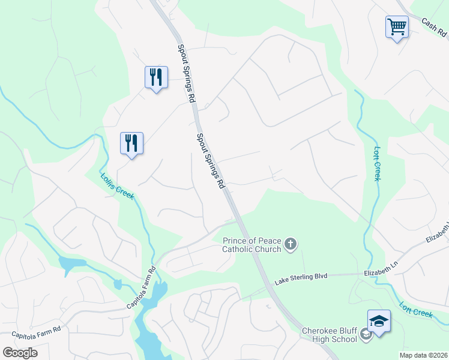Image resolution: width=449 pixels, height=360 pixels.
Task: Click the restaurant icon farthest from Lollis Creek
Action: [155, 78]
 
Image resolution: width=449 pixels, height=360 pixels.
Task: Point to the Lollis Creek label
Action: [116, 187]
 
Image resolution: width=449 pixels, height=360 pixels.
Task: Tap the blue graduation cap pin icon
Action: [379, 321]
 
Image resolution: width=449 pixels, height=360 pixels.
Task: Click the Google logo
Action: [20, 352]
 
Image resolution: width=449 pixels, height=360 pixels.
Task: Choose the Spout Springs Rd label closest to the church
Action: [211, 161]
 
